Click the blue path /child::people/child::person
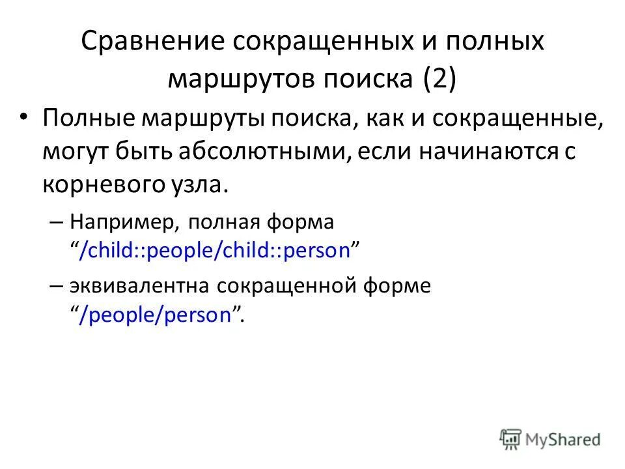[x=215, y=250]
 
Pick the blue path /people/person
[x=156, y=315]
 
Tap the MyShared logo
[x=550, y=438]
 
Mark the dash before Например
[x=55, y=221]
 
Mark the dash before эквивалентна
[x=55, y=287]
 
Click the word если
[x=371, y=151]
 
